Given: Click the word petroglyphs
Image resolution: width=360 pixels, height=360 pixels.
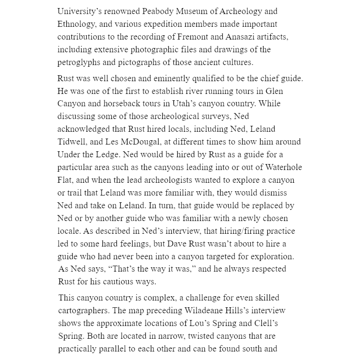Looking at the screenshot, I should click(x=78, y=62).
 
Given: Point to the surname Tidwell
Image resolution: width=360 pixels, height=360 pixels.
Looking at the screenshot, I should click(x=73, y=142).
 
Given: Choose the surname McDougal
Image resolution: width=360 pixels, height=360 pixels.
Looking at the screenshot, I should click(x=141, y=142).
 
